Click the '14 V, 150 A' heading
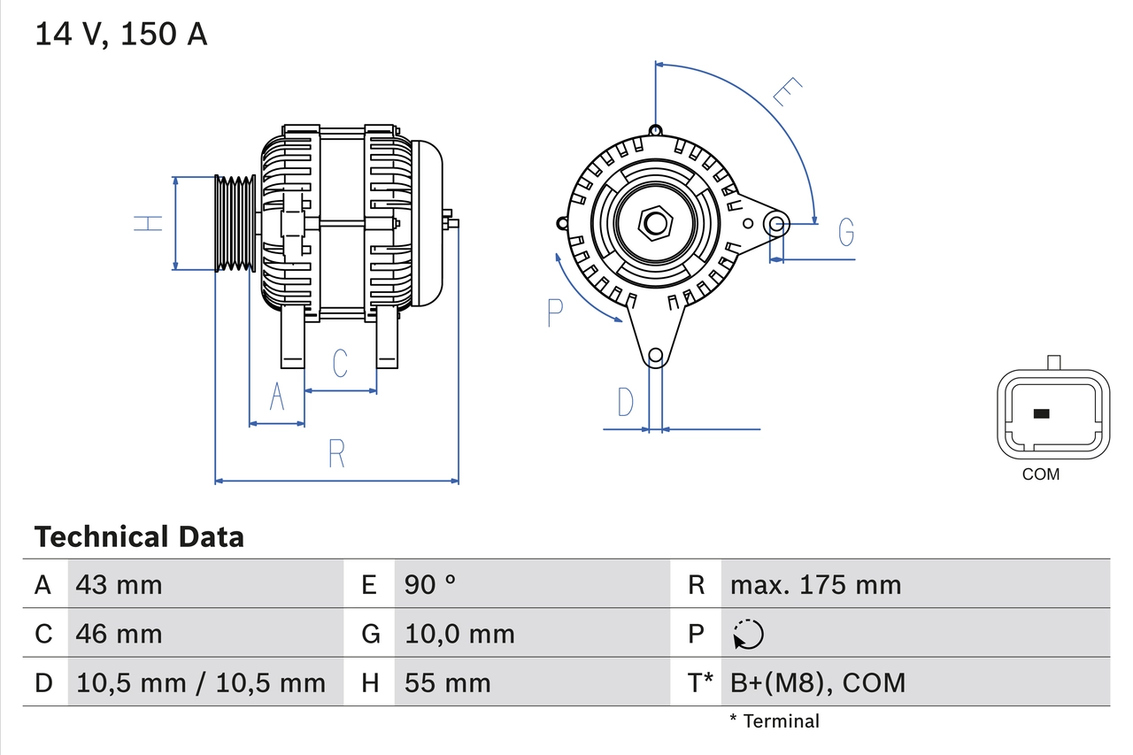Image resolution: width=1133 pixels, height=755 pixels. click(121, 35)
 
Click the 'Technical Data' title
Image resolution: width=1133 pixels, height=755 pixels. click(139, 536)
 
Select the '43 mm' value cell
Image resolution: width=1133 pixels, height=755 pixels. click(119, 584)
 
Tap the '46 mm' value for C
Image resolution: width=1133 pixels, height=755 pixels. click(119, 634)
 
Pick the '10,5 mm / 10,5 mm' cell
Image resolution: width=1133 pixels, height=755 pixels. click(201, 682)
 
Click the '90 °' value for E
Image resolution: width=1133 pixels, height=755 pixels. click(430, 584)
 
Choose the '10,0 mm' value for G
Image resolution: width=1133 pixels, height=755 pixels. click(459, 634)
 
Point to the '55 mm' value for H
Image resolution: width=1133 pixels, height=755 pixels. click(447, 682)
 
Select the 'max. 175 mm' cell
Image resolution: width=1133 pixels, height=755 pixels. click(815, 584)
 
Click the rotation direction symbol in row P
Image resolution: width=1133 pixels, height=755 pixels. click(748, 634)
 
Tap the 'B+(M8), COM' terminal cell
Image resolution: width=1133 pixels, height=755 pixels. click(818, 682)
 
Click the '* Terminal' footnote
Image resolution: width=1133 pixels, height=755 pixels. click(775, 721)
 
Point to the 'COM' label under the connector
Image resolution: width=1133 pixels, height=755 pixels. click(1040, 474)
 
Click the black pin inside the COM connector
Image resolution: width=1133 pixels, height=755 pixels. click(1042, 413)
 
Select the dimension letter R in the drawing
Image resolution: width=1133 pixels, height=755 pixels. click(336, 454)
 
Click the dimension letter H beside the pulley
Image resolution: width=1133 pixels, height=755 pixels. click(149, 223)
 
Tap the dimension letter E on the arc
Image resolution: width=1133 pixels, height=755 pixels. click(786, 92)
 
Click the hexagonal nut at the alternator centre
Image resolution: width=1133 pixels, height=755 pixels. click(655, 223)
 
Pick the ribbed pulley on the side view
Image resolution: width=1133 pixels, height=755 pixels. click(235, 223)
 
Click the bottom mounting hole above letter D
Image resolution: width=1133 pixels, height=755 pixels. click(655, 356)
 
